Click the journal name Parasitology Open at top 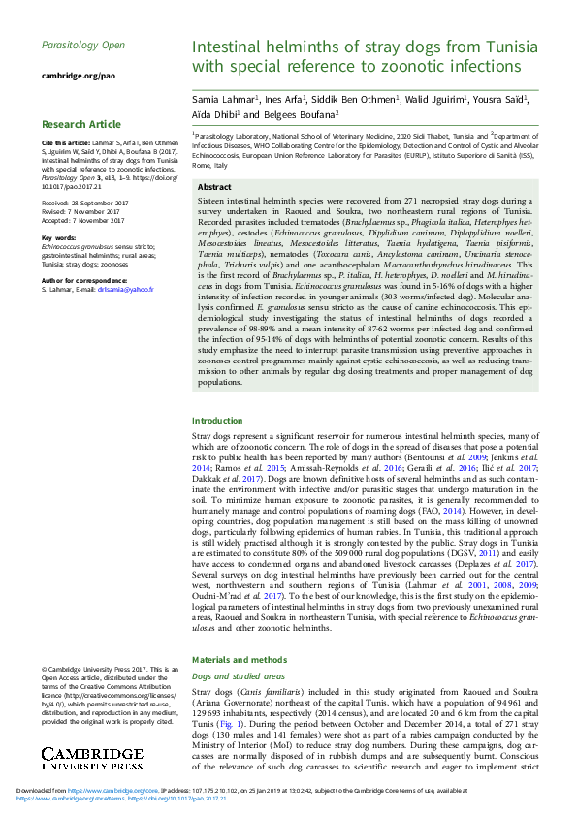pyautogui.click(x=82, y=46)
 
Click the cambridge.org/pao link pyautogui.click(x=78, y=75)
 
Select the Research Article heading pyautogui.click(x=81, y=125)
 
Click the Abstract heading pyautogui.click(x=214, y=187)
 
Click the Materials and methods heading pyautogui.click(x=238, y=659)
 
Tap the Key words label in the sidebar pyautogui.click(x=58, y=237)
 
